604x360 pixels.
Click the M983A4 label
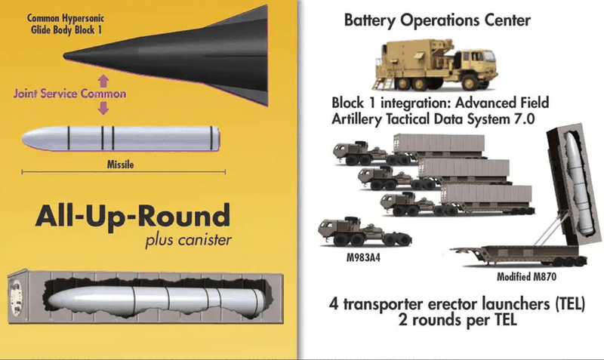coord(363,257)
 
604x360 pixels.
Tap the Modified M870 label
coord(526,276)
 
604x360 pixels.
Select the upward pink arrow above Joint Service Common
coord(103,81)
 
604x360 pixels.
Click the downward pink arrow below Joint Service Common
coord(103,107)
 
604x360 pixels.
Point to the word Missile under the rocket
coord(121,165)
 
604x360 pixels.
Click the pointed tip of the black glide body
coord(64,56)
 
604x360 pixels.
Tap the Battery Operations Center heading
coord(437,20)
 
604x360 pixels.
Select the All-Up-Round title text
coord(133,217)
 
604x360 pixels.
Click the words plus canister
coord(188,240)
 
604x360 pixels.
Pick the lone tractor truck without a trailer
coord(365,232)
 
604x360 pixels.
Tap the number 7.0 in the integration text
coord(524,119)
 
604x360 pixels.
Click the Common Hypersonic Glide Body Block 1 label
coord(65,24)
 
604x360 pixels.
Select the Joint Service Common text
coord(69,94)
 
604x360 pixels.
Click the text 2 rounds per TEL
coord(458,320)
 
